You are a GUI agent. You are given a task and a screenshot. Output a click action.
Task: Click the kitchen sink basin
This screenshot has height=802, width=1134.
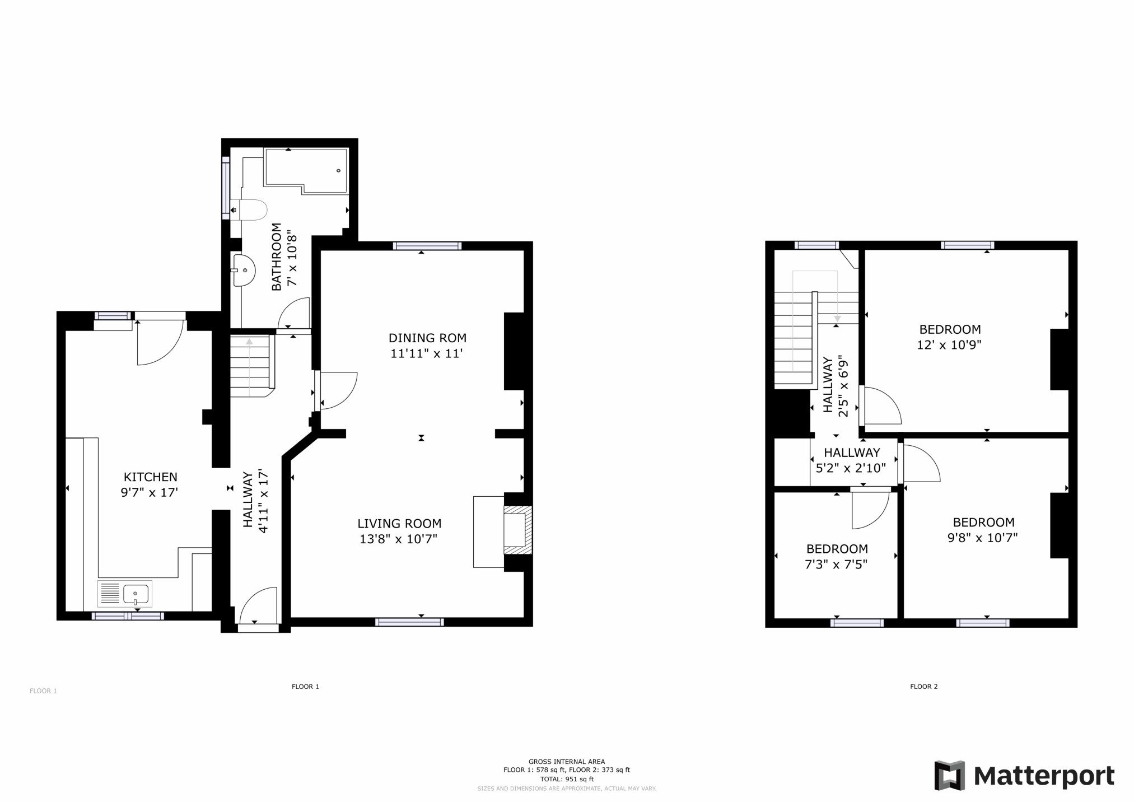[x=137, y=594]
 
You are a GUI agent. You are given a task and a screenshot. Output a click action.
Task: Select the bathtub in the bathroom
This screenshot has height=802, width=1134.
[x=306, y=171]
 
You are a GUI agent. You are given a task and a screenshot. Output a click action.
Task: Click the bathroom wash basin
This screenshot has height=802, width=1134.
[x=244, y=271]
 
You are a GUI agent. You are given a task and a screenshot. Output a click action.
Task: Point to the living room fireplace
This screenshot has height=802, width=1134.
[x=516, y=531]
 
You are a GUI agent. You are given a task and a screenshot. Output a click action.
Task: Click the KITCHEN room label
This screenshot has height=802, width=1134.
[x=150, y=477]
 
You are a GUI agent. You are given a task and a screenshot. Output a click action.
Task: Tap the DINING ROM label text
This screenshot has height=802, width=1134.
[x=427, y=338]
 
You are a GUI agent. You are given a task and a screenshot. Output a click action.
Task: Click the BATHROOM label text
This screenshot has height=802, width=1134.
[x=277, y=257]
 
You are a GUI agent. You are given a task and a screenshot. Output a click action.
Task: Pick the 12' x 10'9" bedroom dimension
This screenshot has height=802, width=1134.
[x=949, y=345]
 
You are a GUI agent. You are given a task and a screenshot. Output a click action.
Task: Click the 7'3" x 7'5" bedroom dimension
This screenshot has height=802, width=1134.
[x=836, y=565]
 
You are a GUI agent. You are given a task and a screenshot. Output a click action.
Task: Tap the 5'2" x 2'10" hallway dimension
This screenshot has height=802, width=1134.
[x=851, y=468]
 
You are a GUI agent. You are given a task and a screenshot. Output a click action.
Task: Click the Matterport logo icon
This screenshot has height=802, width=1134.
[x=950, y=776]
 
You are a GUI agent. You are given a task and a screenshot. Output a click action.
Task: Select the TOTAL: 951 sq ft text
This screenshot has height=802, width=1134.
[x=567, y=779]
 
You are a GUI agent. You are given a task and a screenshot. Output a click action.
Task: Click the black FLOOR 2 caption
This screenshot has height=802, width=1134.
[x=924, y=687]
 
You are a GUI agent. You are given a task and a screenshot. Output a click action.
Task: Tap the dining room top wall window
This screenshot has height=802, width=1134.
[x=427, y=245]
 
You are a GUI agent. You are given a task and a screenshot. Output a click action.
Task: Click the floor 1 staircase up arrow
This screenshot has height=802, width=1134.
[x=249, y=366]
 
